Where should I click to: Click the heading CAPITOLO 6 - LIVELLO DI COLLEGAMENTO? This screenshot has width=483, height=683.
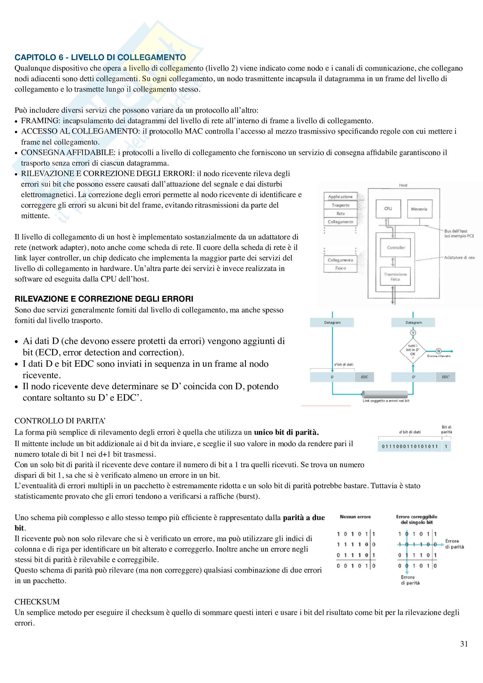tap(100, 57)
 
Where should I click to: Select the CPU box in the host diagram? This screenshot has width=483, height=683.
tap(388, 208)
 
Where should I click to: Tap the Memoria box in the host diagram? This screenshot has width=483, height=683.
tap(419, 209)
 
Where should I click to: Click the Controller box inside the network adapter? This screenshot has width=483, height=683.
tap(396, 248)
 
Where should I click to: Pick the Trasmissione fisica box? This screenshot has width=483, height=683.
tap(395, 276)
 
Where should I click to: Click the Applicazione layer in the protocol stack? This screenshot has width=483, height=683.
tap(340, 197)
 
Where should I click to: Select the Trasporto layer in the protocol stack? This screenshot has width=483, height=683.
tap(340, 205)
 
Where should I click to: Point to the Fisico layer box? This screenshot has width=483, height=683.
tap(340, 268)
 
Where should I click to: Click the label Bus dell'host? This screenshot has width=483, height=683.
tap(456, 231)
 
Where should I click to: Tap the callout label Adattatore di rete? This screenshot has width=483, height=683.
tap(459, 257)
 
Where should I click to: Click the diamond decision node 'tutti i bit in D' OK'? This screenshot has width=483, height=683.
tap(413, 351)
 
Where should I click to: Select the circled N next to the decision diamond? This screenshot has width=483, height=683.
tap(438, 351)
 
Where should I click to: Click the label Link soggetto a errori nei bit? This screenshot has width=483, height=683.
tap(386, 401)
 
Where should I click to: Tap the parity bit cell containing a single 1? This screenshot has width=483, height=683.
tap(446, 446)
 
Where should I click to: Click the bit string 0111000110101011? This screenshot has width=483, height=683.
tap(410, 446)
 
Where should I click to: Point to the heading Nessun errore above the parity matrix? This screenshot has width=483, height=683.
tap(355, 517)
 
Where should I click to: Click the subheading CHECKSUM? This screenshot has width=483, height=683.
tap(37, 602)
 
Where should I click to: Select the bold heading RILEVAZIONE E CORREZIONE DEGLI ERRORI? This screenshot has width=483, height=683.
tap(104, 299)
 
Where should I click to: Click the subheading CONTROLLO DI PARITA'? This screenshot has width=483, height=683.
tap(60, 420)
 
